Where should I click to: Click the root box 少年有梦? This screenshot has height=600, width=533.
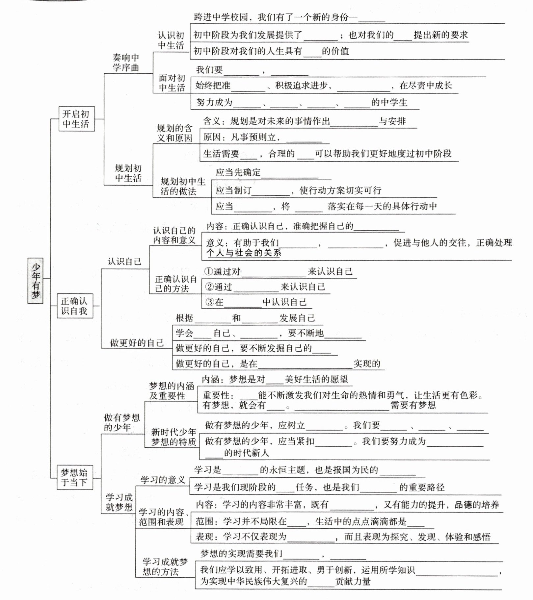pyautogui.click(x=36, y=280)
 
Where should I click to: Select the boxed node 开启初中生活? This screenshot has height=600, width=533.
pyautogui.click(x=76, y=119)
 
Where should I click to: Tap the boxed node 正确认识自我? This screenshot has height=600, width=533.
pyautogui.click(x=75, y=306)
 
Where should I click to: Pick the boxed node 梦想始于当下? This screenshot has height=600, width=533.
pyautogui.click(x=74, y=477)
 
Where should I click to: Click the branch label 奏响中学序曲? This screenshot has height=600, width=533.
pyautogui.click(x=126, y=63)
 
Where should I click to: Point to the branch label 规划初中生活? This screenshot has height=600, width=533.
pyautogui.click(x=128, y=173)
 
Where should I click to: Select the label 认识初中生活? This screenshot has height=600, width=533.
pyautogui.click(x=171, y=40)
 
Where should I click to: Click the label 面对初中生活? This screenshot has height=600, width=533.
pyautogui.click(x=172, y=83)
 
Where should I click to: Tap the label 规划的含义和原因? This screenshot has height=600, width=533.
pyautogui.click(x=174, y=133)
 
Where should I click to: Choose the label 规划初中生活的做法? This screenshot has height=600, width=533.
pyautogui.click(x=183, y=186)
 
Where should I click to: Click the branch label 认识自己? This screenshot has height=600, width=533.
pyautogui.click(x=124, y=262)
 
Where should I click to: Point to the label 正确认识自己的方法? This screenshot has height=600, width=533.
pyautogui.click(x=176, y=284)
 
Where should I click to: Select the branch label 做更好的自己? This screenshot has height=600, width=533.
pyautogui.click(x=137, y=343)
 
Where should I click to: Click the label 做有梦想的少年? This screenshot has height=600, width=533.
pyautogui.click(x=122, y=422)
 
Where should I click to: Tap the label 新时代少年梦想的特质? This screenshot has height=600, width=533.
pyautogui.click(x=173, y=437)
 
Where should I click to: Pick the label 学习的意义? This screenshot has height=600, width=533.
pyautogui.click(x=163, y=480)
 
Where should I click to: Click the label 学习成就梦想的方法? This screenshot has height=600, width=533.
pyautogui.click(x=165, y=566)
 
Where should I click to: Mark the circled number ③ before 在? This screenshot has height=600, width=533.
pyautogui.click(x=210, y=302)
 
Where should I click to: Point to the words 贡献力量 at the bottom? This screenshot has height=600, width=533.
pyautogui.click(x=353, y=581)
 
